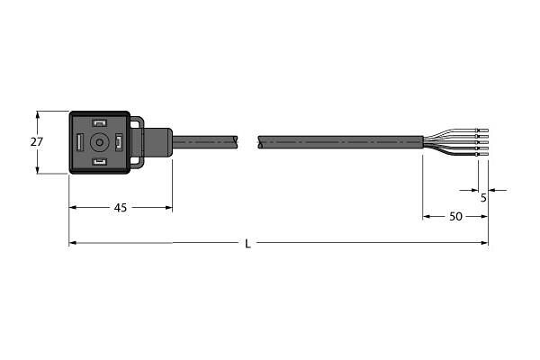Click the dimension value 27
(x=37, y=142)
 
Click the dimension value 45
(x=120, y=208)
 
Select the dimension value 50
(x=456, y=217)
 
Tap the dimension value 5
(x=483, y=198)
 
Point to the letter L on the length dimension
(x=248, y=244)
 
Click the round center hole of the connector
(x=99, y=142)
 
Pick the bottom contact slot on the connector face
(x=99, y=162)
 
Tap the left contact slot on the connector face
(x=80, y=142)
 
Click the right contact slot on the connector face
(x=118, y=142)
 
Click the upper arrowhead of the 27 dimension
(x=37, y=115)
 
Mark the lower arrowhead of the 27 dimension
(x=37, y=169)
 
